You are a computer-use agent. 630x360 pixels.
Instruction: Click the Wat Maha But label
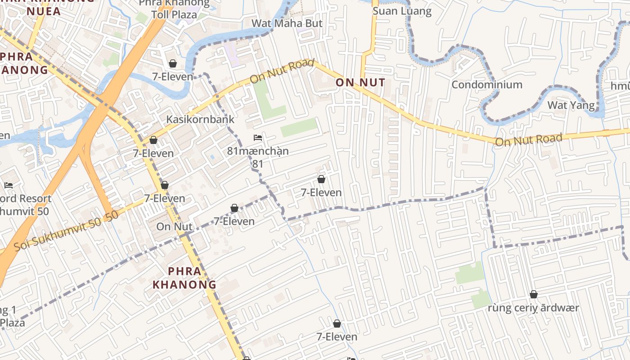pos(287,23)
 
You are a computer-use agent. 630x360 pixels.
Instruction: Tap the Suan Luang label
pos(402,11)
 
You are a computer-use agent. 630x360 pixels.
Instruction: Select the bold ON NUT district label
pos(360,82)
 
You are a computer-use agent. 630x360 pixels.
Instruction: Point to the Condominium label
pos(487,85)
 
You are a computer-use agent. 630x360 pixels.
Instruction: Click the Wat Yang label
pos(571,105)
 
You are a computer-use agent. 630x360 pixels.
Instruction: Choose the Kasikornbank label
pos(200,119)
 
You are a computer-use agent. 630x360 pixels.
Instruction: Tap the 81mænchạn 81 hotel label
pos(258,157)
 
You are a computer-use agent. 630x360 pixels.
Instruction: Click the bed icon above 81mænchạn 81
pos(258,137)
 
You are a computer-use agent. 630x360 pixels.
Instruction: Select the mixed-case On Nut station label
pos(174,227)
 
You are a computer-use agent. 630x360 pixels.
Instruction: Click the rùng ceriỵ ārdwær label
pos(533,308)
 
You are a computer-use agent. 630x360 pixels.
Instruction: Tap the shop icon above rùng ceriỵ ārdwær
pos(534,295)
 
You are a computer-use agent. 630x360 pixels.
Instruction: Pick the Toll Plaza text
pos(174,14)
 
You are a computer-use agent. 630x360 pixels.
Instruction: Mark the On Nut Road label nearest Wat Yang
pos(529,140)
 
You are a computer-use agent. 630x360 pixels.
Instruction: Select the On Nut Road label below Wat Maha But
pos(282,71)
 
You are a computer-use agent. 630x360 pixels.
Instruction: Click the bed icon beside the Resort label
pos(9,185)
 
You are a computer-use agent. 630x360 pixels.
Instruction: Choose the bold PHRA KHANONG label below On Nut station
pos(184,278)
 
